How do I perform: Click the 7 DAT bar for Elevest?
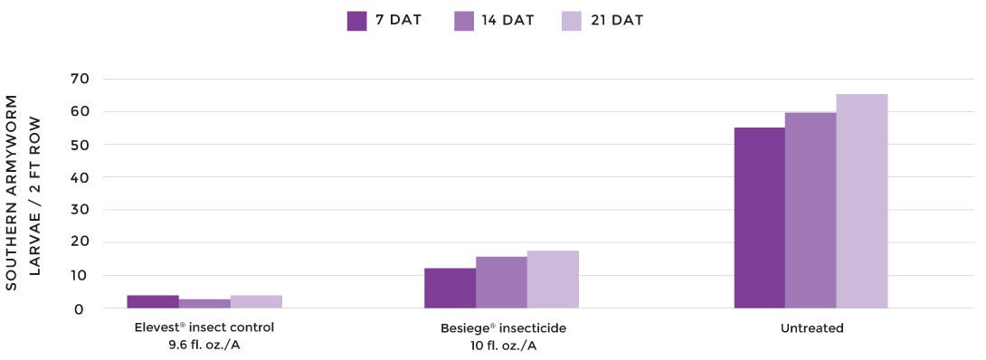[x=153, y=302]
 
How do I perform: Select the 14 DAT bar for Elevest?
[x=204, y=304]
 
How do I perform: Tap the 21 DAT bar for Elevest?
[x=256, y=302]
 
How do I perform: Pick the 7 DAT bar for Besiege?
[x=450, y=289]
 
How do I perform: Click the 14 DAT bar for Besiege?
[x=501, y=282]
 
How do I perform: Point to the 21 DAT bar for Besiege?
[x=553, y=279]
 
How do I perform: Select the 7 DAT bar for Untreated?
[x=760, y=218]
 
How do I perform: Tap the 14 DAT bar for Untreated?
[x=811, y=211]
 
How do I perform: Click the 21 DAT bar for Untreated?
[x=862, y=202]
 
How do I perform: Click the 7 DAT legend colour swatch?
[x=356, y=21]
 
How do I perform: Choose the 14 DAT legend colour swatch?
[x=464, y=21]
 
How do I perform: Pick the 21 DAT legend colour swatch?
[x=571, y=21]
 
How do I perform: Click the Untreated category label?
[x=811, y=328]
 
